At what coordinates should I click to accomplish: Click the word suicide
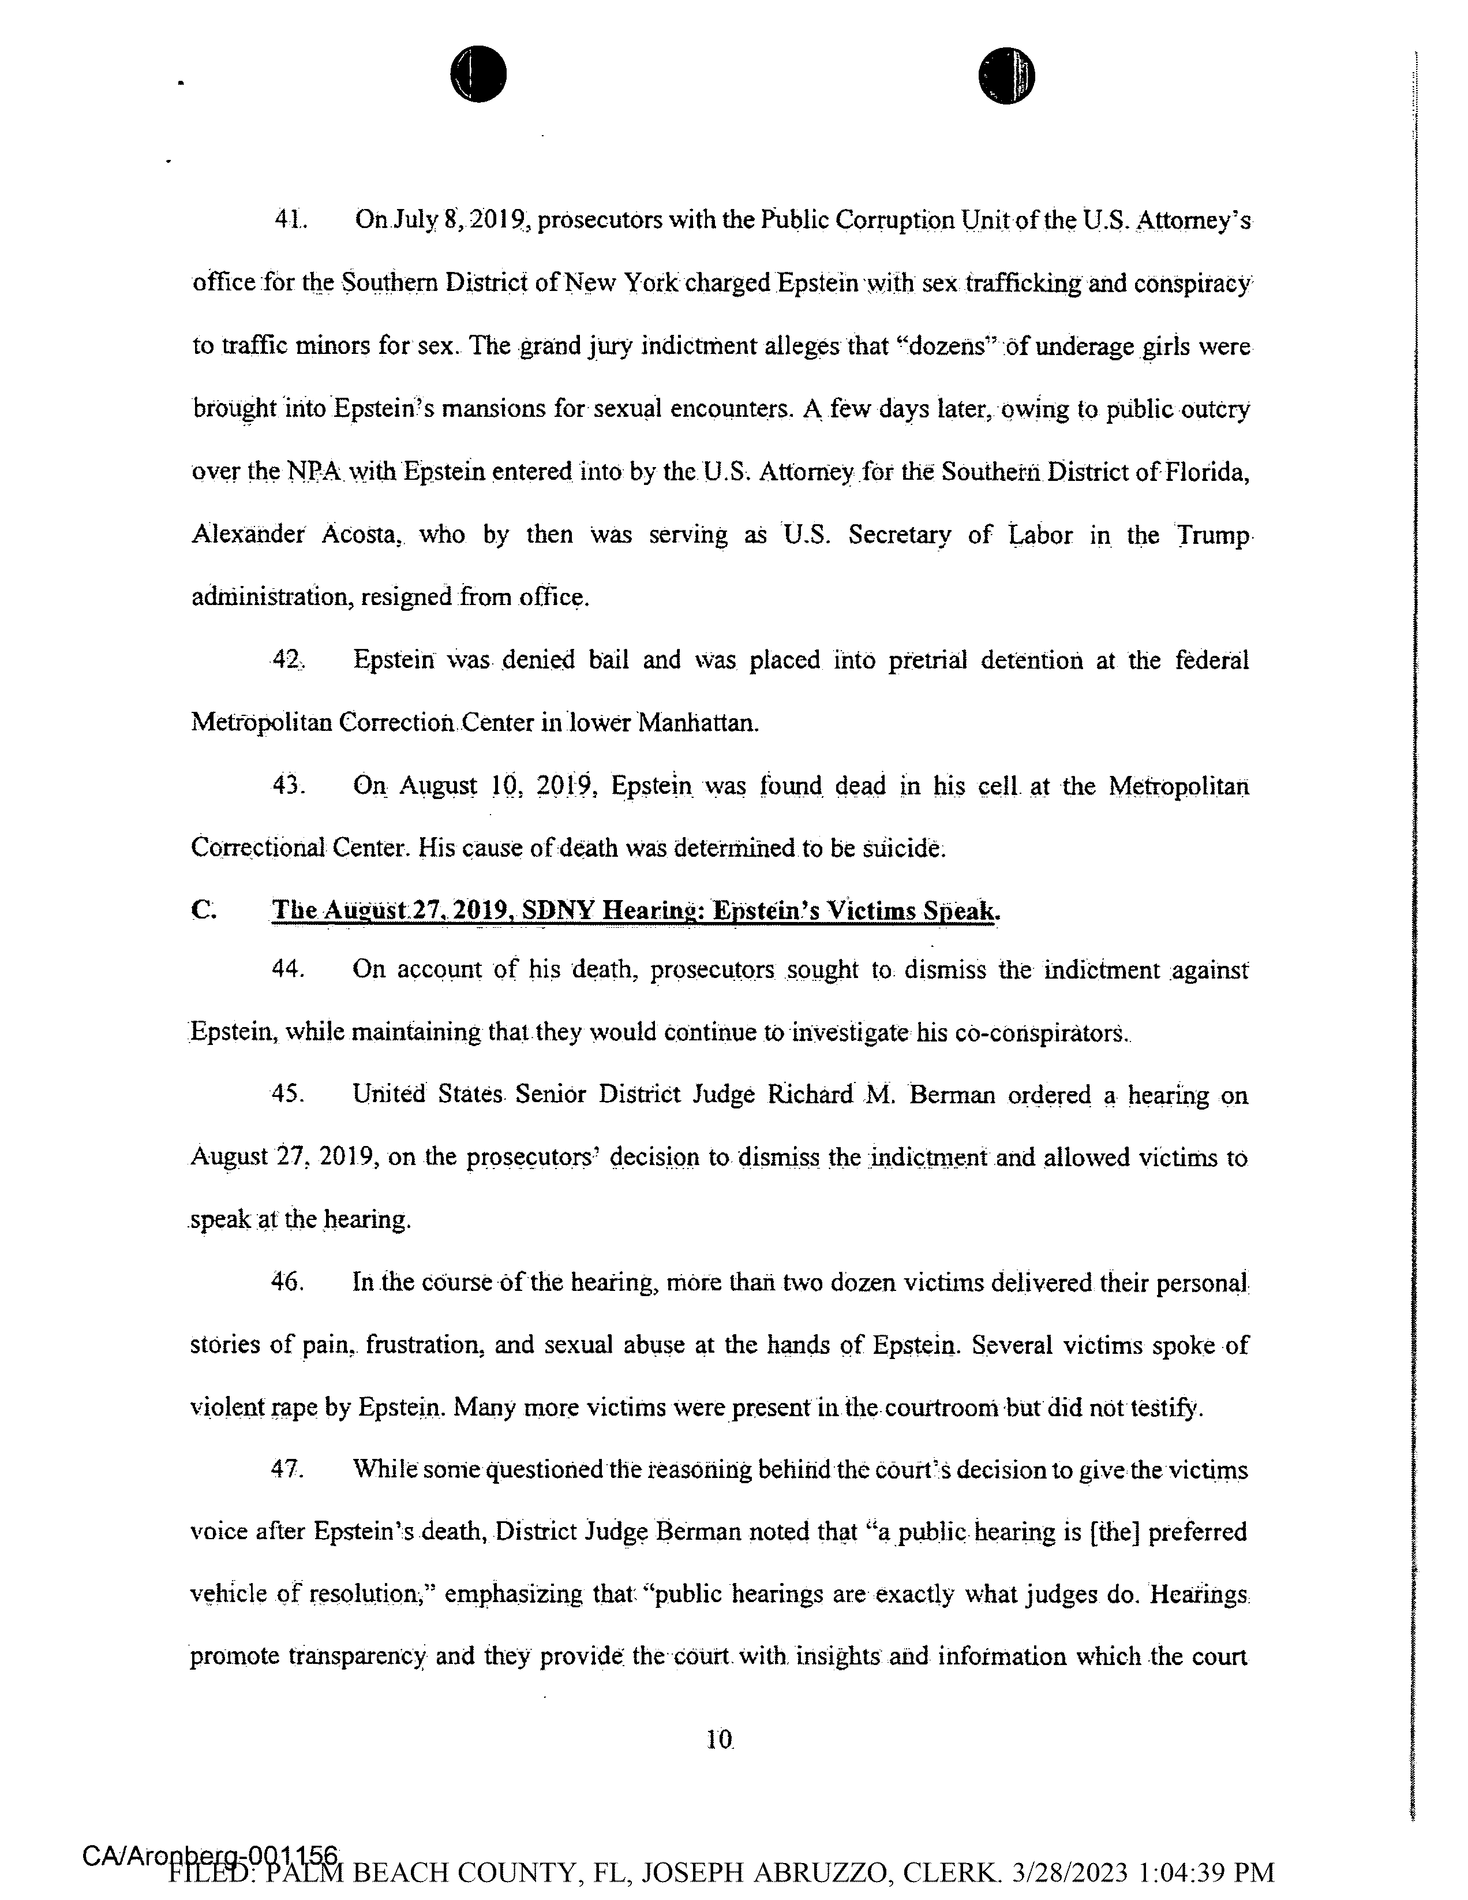(902, 848)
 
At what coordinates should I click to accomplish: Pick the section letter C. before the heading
(203, 911)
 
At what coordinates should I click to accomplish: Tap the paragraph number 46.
(287, 1282)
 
